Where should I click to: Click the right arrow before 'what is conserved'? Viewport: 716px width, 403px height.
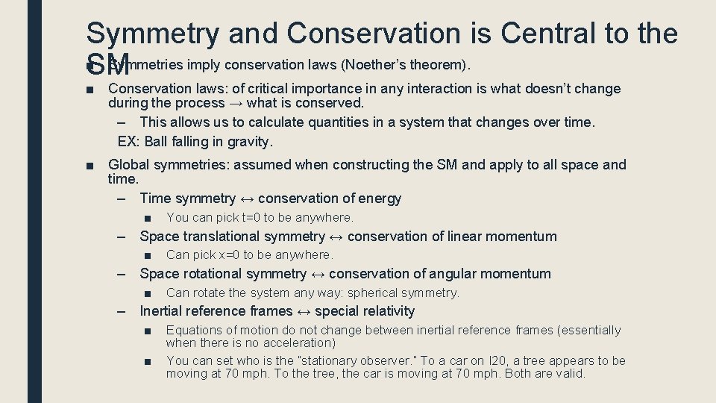point(235,103)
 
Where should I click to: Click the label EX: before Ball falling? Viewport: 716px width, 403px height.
point(129,141)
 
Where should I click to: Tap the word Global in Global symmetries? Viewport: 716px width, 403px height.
point(129,164)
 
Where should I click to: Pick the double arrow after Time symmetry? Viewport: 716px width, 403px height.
point(246,199)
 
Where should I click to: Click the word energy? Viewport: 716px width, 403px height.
point(380,199)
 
